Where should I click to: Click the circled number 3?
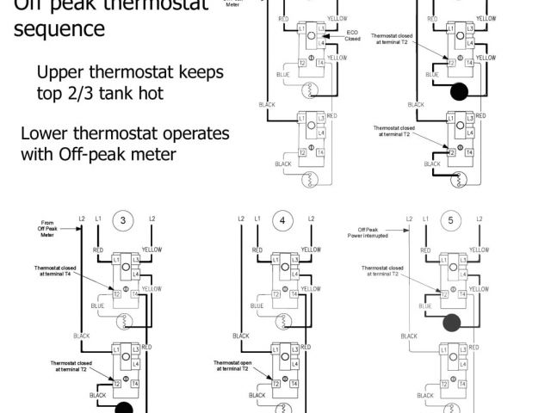[123, 220]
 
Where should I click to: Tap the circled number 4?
[282, 220]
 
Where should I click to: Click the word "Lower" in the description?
[47, 134]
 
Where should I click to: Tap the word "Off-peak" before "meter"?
[101, 155]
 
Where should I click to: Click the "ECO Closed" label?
[353, 36]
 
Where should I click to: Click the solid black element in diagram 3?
[125, 409]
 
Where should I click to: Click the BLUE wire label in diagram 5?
[424, 305]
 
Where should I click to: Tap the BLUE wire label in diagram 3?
[98, 305]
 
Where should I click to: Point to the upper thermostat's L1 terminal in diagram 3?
[116, 259]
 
